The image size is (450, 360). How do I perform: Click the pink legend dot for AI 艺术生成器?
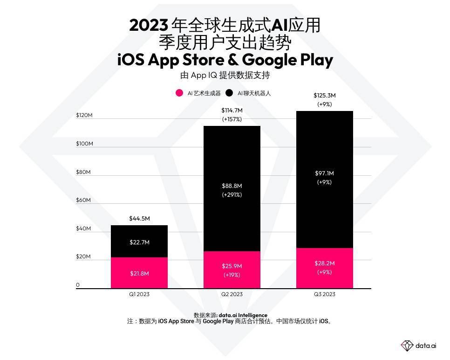tap(179, 93)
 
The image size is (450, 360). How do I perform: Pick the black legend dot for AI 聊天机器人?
tap(229, 93)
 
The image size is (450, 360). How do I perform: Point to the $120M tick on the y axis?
tap(84, 115)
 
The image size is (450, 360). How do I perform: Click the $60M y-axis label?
tap(84, 200)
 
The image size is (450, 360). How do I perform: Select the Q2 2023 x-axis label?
tap(232, 294)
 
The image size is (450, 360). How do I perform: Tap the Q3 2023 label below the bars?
tap(324, 294)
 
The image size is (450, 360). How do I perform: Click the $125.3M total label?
tap(324, 96)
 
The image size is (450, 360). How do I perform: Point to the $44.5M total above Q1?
tap(139, 219)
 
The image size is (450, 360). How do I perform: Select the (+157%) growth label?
tap(232, 119)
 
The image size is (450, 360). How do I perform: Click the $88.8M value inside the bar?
tap(232, 186)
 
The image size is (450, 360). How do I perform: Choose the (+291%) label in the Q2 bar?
tap(232, 195)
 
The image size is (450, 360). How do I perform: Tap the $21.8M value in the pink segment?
tap(139, 273)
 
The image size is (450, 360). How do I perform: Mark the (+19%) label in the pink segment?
tap(232, 275)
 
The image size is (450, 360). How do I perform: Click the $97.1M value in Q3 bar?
tap(324, 173)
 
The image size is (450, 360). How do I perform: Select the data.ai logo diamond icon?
tap(407, 346)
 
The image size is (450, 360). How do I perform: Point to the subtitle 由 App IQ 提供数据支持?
tap(225, 75)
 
